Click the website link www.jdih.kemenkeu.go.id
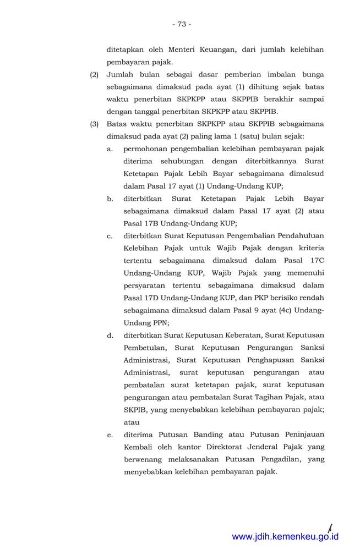click(x=285, y=537)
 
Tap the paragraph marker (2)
click(x=94, y=74)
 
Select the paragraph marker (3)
click(x=94, y=124)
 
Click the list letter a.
click(x=110, y=149)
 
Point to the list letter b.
click(x=110, y=199)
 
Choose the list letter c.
click(x=110, y=237)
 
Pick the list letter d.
click(x=110, y=335)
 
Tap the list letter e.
click(x=110, y=435)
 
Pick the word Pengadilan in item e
click(x=276, y=460)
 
